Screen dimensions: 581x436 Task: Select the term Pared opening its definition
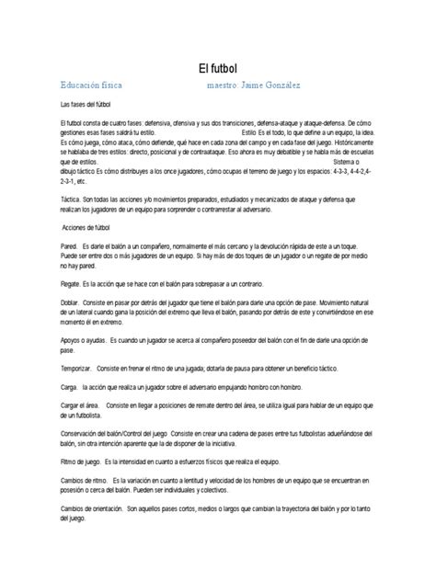pos(68,246)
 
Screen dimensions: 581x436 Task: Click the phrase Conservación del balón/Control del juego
pos(115,460)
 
